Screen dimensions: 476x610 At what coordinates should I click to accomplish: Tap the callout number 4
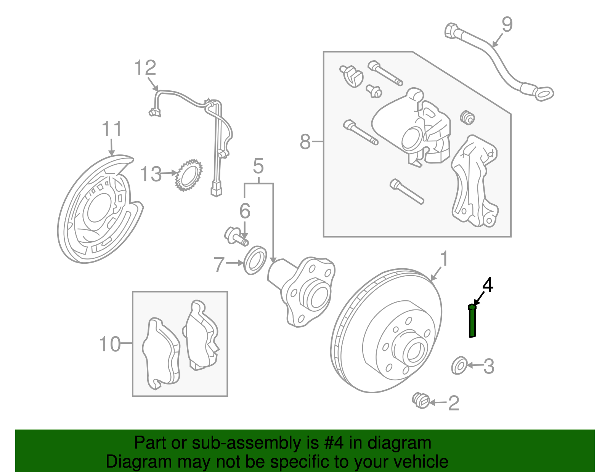[x=488, y=285]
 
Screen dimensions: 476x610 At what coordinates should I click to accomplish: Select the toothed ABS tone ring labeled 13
[x=188, y=176]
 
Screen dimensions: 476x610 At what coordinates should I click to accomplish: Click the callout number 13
[x=151, y=174]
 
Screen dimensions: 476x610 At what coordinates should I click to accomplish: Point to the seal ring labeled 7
[x=255, y=260]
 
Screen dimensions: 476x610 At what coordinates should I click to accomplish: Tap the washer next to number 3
[x=459, y=365]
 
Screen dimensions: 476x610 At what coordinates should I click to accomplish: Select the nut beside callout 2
[x=421, y=400]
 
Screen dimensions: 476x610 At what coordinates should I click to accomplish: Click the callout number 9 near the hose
[x=507, y=24]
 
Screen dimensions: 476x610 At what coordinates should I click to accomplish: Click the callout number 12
[x=145, y=68]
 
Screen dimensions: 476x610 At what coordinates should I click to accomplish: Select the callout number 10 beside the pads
[x=109, y=344]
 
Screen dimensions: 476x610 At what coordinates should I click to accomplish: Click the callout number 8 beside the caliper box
[x=305, y=142]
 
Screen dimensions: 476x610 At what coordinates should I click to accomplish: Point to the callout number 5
[x=258, y=167]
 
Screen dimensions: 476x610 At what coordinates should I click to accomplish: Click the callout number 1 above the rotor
[x=444, y=259]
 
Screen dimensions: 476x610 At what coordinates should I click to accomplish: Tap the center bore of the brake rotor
[x=414, y=352]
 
